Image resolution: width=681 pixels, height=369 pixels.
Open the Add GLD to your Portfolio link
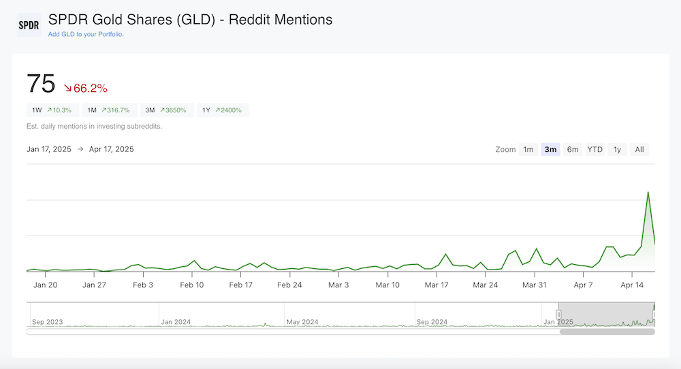85,34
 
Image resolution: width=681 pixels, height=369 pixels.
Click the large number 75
41,84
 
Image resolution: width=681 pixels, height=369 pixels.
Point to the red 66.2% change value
86,88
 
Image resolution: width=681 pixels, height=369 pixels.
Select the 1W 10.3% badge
52,110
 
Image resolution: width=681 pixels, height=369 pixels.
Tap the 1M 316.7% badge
109,110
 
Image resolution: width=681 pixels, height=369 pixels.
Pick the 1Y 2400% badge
223,110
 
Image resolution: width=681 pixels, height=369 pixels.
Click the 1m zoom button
528,150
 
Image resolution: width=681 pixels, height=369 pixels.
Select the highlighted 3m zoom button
550,150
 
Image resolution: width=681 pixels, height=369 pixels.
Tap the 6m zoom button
573,150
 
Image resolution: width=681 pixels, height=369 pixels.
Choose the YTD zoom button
595,150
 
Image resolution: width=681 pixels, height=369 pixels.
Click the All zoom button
639,150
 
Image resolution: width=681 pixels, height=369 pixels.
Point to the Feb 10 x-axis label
192,285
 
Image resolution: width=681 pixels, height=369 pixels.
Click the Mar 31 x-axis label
534,285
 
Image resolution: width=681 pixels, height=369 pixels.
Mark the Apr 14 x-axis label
633,285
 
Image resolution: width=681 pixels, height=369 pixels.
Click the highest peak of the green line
648,192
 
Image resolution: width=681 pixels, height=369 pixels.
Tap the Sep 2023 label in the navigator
47,321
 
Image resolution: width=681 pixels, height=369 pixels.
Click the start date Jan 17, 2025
51,149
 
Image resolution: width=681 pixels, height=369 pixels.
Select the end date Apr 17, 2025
111,149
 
